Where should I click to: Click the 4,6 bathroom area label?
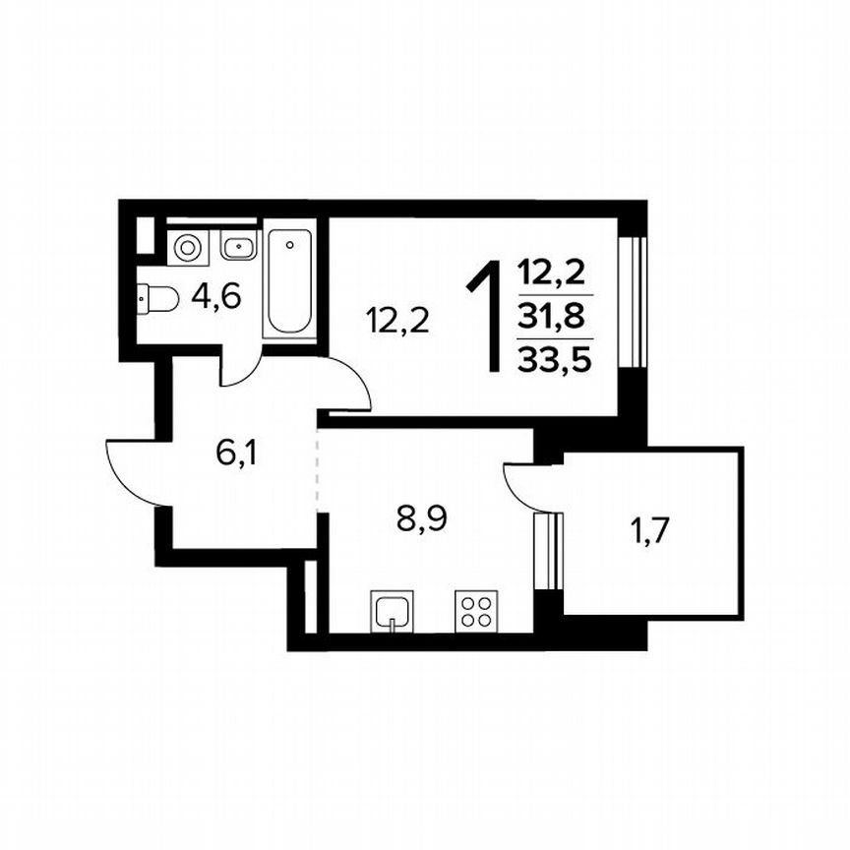click(x=217, y=295)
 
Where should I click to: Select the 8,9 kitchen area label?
click(x=421, y=517)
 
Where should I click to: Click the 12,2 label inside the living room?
click(x=397, y=320)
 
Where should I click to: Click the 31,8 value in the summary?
click(x=554, y=317)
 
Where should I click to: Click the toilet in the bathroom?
click(x=157, y=296)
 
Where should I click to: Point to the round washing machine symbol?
click(x=186, y=247)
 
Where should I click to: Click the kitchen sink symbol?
click(x=392, y=610)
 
